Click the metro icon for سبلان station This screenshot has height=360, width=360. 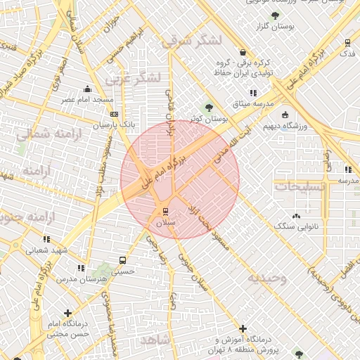[x=166, y=210]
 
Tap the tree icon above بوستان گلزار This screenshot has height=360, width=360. [x=274, y=15]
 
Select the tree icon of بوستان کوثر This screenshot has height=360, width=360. [x=208, y=108]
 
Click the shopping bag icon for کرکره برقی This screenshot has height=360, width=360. [x=243, y=52]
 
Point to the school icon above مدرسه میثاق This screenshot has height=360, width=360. [x=252, y=93]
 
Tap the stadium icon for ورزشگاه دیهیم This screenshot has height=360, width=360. [x=285, y=115]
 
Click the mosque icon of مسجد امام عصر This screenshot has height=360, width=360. [x=87, y=89]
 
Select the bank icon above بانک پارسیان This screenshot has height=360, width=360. [x=115, y=112]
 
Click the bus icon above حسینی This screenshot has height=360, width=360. [x=123, y=259]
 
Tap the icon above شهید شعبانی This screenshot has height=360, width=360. [x=46, y=239]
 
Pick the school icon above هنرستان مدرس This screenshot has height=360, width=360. [x=81, y=268]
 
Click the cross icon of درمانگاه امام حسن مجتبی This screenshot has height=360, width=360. [x=67, y=313]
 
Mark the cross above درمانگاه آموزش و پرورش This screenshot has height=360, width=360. [x=243, y=328]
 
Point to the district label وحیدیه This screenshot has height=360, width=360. [x=266, y=278]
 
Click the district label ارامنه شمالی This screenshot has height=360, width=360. [x=44, y=133]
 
